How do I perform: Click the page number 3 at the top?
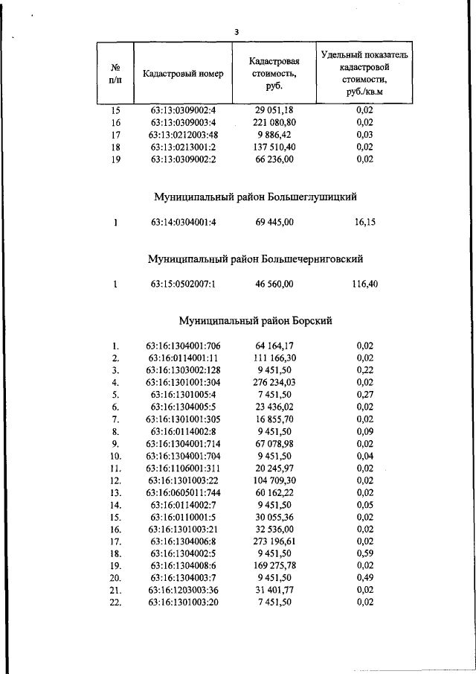point(236,32)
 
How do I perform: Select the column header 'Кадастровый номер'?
point(182,74)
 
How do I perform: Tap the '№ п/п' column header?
point(115,74)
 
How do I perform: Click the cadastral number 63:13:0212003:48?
point(182,134)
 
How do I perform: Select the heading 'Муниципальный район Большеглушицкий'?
point(255,197)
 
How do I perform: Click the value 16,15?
point(364,222)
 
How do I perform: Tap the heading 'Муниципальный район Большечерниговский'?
point(255,259)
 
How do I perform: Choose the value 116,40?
point(364,284)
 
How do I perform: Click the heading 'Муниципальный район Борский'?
point(255,321)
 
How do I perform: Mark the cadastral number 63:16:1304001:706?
point(182,346)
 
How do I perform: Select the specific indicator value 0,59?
point(364,554)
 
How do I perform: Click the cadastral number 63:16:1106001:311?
point(182,468)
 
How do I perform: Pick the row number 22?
point(115,603)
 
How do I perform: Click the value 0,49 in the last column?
point(364,579)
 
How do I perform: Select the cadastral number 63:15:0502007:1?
point(182,284)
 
